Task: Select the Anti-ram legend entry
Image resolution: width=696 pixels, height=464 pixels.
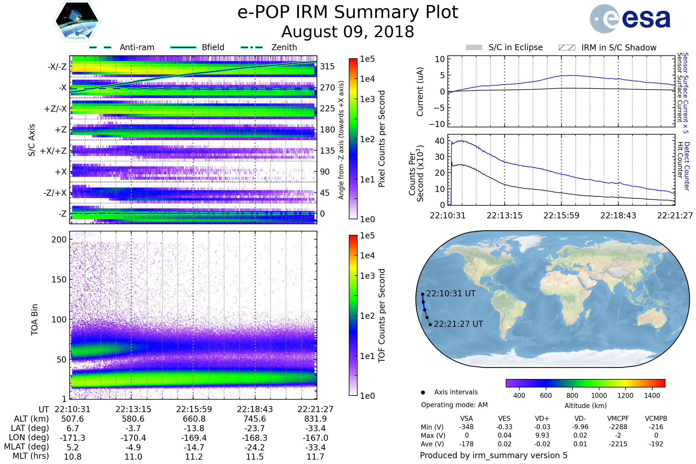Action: click(x=137, y=47)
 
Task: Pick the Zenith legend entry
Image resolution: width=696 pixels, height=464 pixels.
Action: click(x=284, y=47)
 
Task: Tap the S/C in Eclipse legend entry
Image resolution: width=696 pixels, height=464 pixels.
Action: click(x=515, y=47)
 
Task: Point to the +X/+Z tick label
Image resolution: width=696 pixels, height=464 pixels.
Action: click(x=53, y=151)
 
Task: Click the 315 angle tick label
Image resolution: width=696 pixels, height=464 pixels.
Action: click(x=327, y=66)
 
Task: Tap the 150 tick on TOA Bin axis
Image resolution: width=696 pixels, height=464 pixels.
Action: click(x=59, y=280)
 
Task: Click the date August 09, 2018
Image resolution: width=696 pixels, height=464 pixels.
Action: click(x=348, y=32)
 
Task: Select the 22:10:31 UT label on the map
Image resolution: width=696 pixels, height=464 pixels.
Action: click(x=451, y=293)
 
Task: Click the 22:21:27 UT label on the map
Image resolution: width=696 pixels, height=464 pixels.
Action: click(x=458, y=324)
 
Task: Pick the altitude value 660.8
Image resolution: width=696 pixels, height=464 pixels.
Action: click(x=194, y=419)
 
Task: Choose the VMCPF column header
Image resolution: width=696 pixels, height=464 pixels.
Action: click(x=618, y=418)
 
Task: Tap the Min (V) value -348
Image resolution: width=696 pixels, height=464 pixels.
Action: click(x=466, y=427)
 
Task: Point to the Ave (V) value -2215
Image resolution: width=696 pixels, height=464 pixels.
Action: click(x=618, y=444)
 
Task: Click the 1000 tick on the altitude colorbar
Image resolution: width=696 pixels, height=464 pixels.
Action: click(x=599, y=396)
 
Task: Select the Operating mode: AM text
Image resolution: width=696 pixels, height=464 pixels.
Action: click(x=454, y=405)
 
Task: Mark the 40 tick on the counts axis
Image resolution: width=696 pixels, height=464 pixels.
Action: click(x=439, y=141)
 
